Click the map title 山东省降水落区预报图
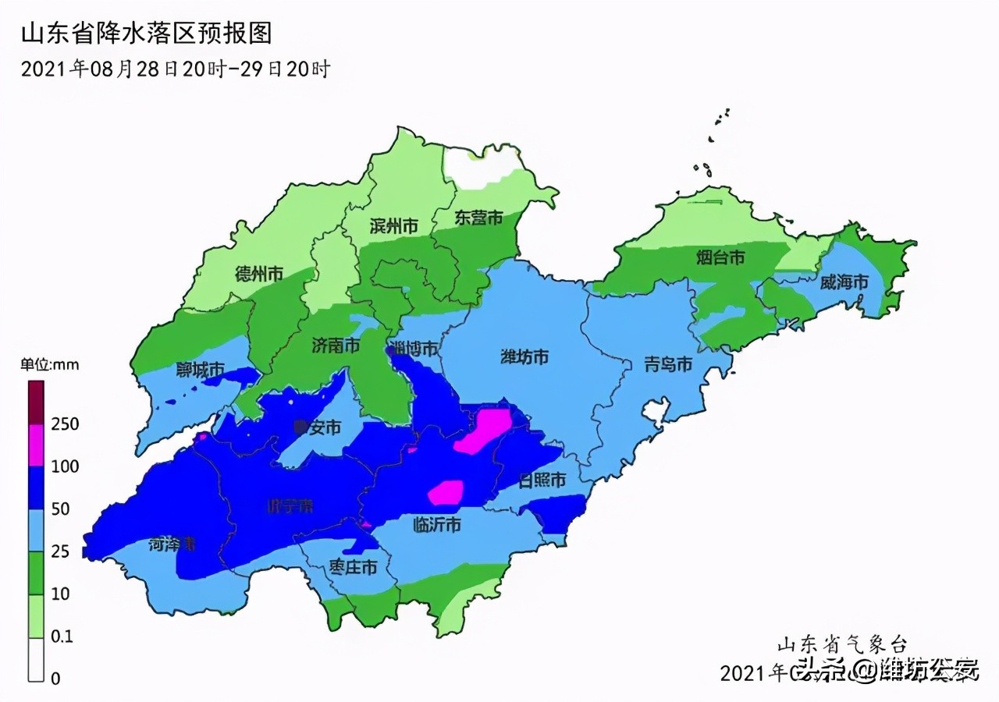coord(146,34)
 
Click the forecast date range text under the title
coord(176,69)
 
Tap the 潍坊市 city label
coord(524,358)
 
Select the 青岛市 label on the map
coord(668,364)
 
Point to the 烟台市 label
coord(720,257)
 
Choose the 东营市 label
coord(478,218)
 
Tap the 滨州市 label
coord(393,226)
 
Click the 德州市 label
coord(258,274)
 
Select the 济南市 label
coord(336,346)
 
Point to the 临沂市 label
coord(436,525)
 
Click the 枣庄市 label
coord(353,568)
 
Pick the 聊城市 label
coord(201,370)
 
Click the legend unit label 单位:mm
coord(50,364)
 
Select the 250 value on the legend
coord(65,424)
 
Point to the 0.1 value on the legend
coord(62,636)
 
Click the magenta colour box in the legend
coord(36,445)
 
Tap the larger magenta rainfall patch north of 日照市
coord(483,431)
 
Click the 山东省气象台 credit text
coord(842,644)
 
